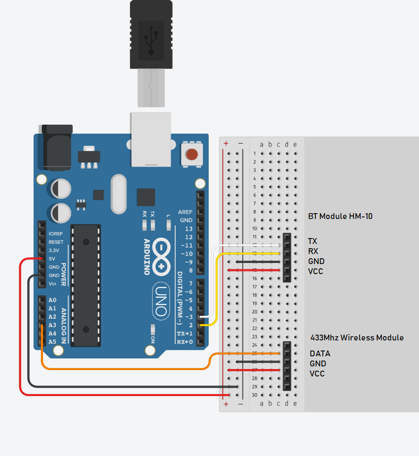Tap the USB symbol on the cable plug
(151, 40)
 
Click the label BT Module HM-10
(340, 217)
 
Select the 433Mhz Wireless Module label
(357, 338)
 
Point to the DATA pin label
(320, 354)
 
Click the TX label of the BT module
(313, 241)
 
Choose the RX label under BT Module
(313, 251)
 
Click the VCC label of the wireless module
(317, 374)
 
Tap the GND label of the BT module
(316, 261)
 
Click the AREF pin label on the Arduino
(185, 212)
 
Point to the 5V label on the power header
(52, 259)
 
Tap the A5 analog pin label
(52, 342)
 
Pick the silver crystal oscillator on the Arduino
(119, 194)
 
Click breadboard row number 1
(255, 154)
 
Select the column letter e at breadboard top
(295, 144)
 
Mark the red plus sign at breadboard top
(226, 143)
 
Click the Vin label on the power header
(52, 284)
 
